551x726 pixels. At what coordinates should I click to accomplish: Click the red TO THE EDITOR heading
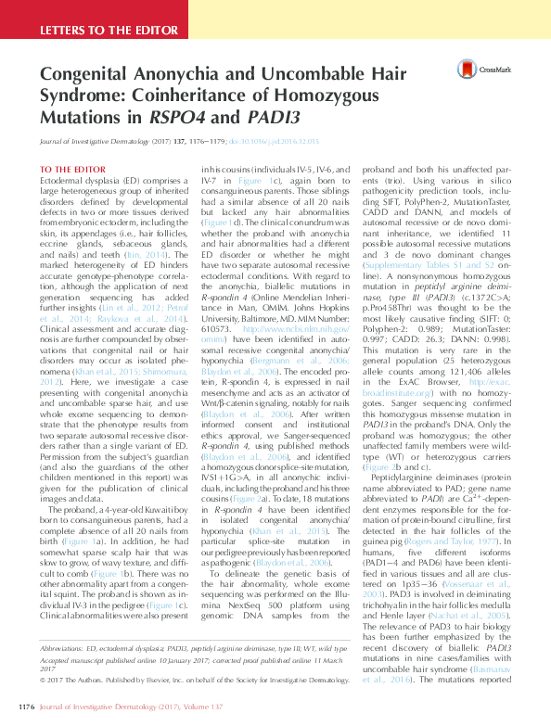(x=72, y=169)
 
